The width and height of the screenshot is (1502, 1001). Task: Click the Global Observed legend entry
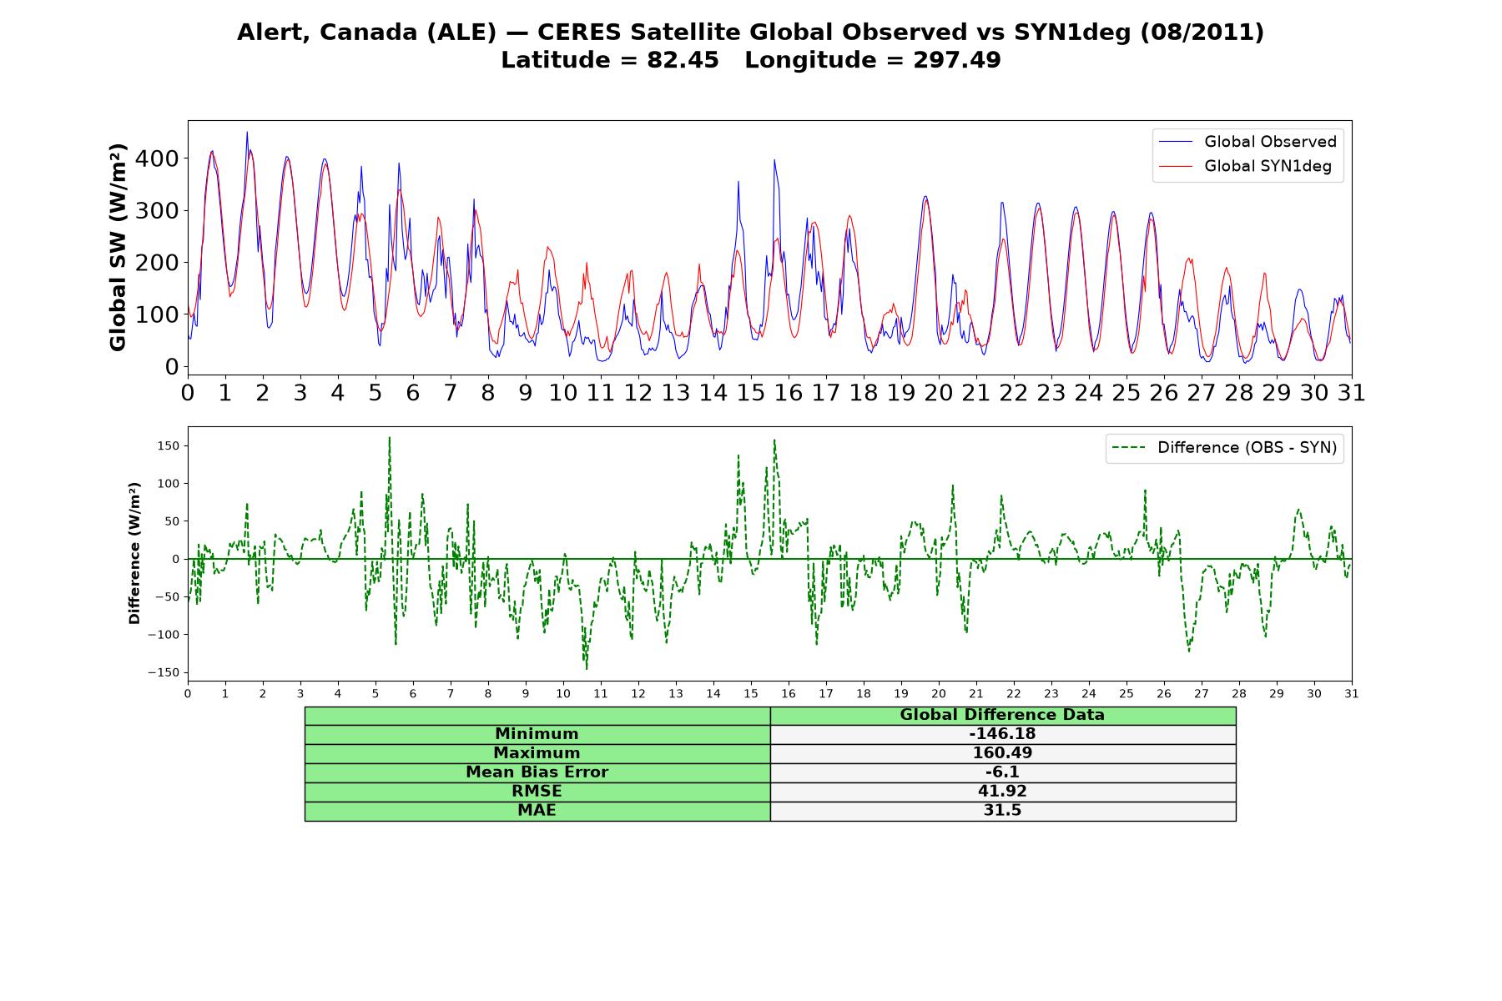[1247, 142]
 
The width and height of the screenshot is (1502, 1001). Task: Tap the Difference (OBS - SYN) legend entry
[1225, 448]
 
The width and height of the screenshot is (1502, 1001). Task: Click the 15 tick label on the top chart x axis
[751, 393]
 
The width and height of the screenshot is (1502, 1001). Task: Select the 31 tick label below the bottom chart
[1352, 693]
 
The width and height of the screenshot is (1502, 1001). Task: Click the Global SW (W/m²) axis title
[118, 248]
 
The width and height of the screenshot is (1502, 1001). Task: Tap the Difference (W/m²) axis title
[134, 553]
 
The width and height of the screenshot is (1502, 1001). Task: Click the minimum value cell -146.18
[1002, 734]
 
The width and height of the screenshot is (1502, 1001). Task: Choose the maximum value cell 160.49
[1002, 753]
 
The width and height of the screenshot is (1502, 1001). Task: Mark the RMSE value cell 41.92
[1002, 792]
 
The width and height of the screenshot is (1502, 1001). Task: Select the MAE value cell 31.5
[1002, 811]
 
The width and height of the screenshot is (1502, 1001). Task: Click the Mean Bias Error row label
[537, 772]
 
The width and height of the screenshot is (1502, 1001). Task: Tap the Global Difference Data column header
[1002, 715]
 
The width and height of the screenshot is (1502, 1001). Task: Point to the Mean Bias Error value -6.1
[1002, 772]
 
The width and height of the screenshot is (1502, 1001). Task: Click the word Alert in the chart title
[270, 33]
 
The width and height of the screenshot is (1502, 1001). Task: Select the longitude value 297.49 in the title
[956, 61]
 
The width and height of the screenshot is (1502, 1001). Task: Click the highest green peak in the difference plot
[389, 438]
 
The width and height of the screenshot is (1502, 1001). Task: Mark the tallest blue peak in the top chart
[246, 132]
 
